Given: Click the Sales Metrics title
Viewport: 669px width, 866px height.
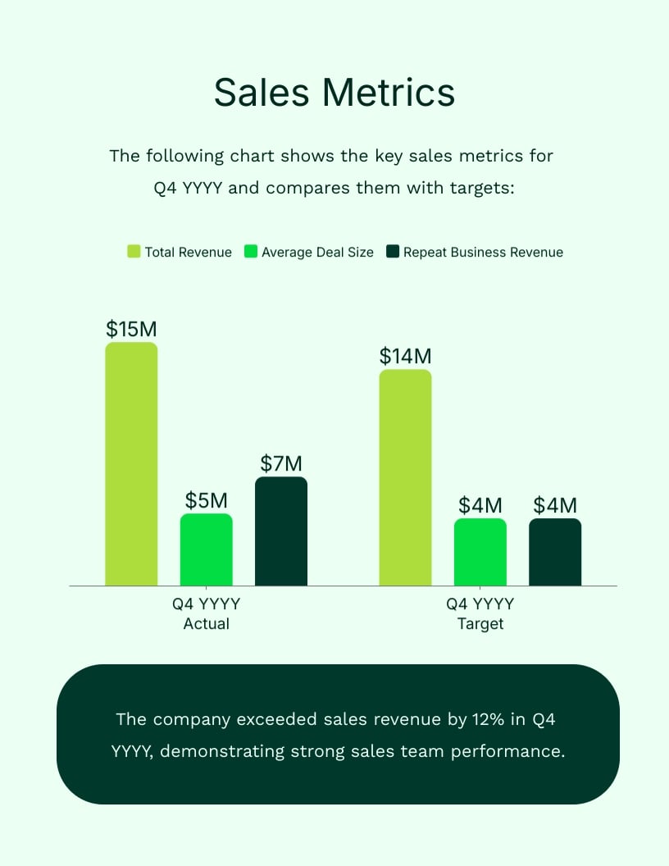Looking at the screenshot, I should pos(334,93).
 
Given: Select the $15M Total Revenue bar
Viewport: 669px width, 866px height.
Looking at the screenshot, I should pos(131,464).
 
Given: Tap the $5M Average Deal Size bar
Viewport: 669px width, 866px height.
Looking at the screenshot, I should pos(207,549).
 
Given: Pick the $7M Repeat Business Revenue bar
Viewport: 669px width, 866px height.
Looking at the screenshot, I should pos(281,531).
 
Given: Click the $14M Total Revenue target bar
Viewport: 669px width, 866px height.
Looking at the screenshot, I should pos(405,478).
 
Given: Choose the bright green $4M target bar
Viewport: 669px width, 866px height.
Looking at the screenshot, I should pos(480,552).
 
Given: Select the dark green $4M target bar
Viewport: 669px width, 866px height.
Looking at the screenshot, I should pos(555,552).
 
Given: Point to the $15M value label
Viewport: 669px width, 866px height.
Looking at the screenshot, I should pos(131,329).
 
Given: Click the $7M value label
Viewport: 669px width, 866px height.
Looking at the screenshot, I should pos(281,463).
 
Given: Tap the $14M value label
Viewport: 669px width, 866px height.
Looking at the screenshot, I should pos(405,356).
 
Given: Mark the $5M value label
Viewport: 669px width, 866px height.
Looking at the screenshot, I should pos(207,500).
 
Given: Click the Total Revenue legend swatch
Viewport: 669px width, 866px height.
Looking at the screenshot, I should pos(134,252).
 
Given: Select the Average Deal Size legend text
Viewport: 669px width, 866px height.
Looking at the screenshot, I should pos(317,253).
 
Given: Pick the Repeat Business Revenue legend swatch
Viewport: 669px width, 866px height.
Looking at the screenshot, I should pos(393,252).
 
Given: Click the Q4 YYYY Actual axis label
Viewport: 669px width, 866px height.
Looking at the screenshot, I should pos(207,613).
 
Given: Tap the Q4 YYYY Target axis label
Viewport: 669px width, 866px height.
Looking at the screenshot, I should pos(480,613).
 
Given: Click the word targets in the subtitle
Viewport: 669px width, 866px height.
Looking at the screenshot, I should pos(481,187).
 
